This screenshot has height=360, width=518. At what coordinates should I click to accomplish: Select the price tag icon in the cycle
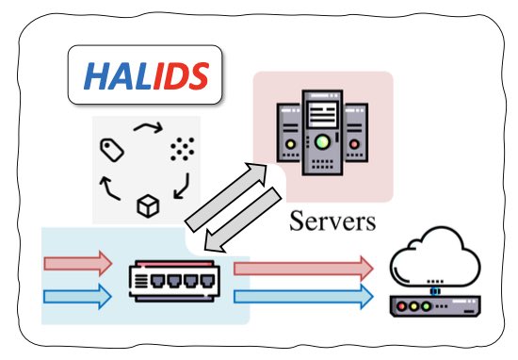click(x=112, y=148)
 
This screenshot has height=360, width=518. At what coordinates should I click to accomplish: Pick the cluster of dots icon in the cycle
click(x=179, y=148)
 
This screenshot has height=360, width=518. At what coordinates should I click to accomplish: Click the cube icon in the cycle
click(x=148, y=204)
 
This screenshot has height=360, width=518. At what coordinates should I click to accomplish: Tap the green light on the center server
click(x=323, y=142)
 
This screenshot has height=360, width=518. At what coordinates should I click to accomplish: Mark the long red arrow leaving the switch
click(x=301, y=268)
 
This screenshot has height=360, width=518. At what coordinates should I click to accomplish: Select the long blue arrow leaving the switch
click(x=301, y=296)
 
